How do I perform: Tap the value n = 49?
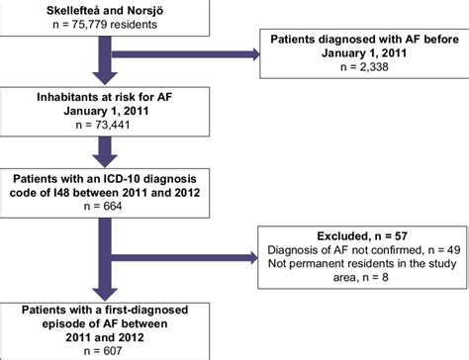426,252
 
